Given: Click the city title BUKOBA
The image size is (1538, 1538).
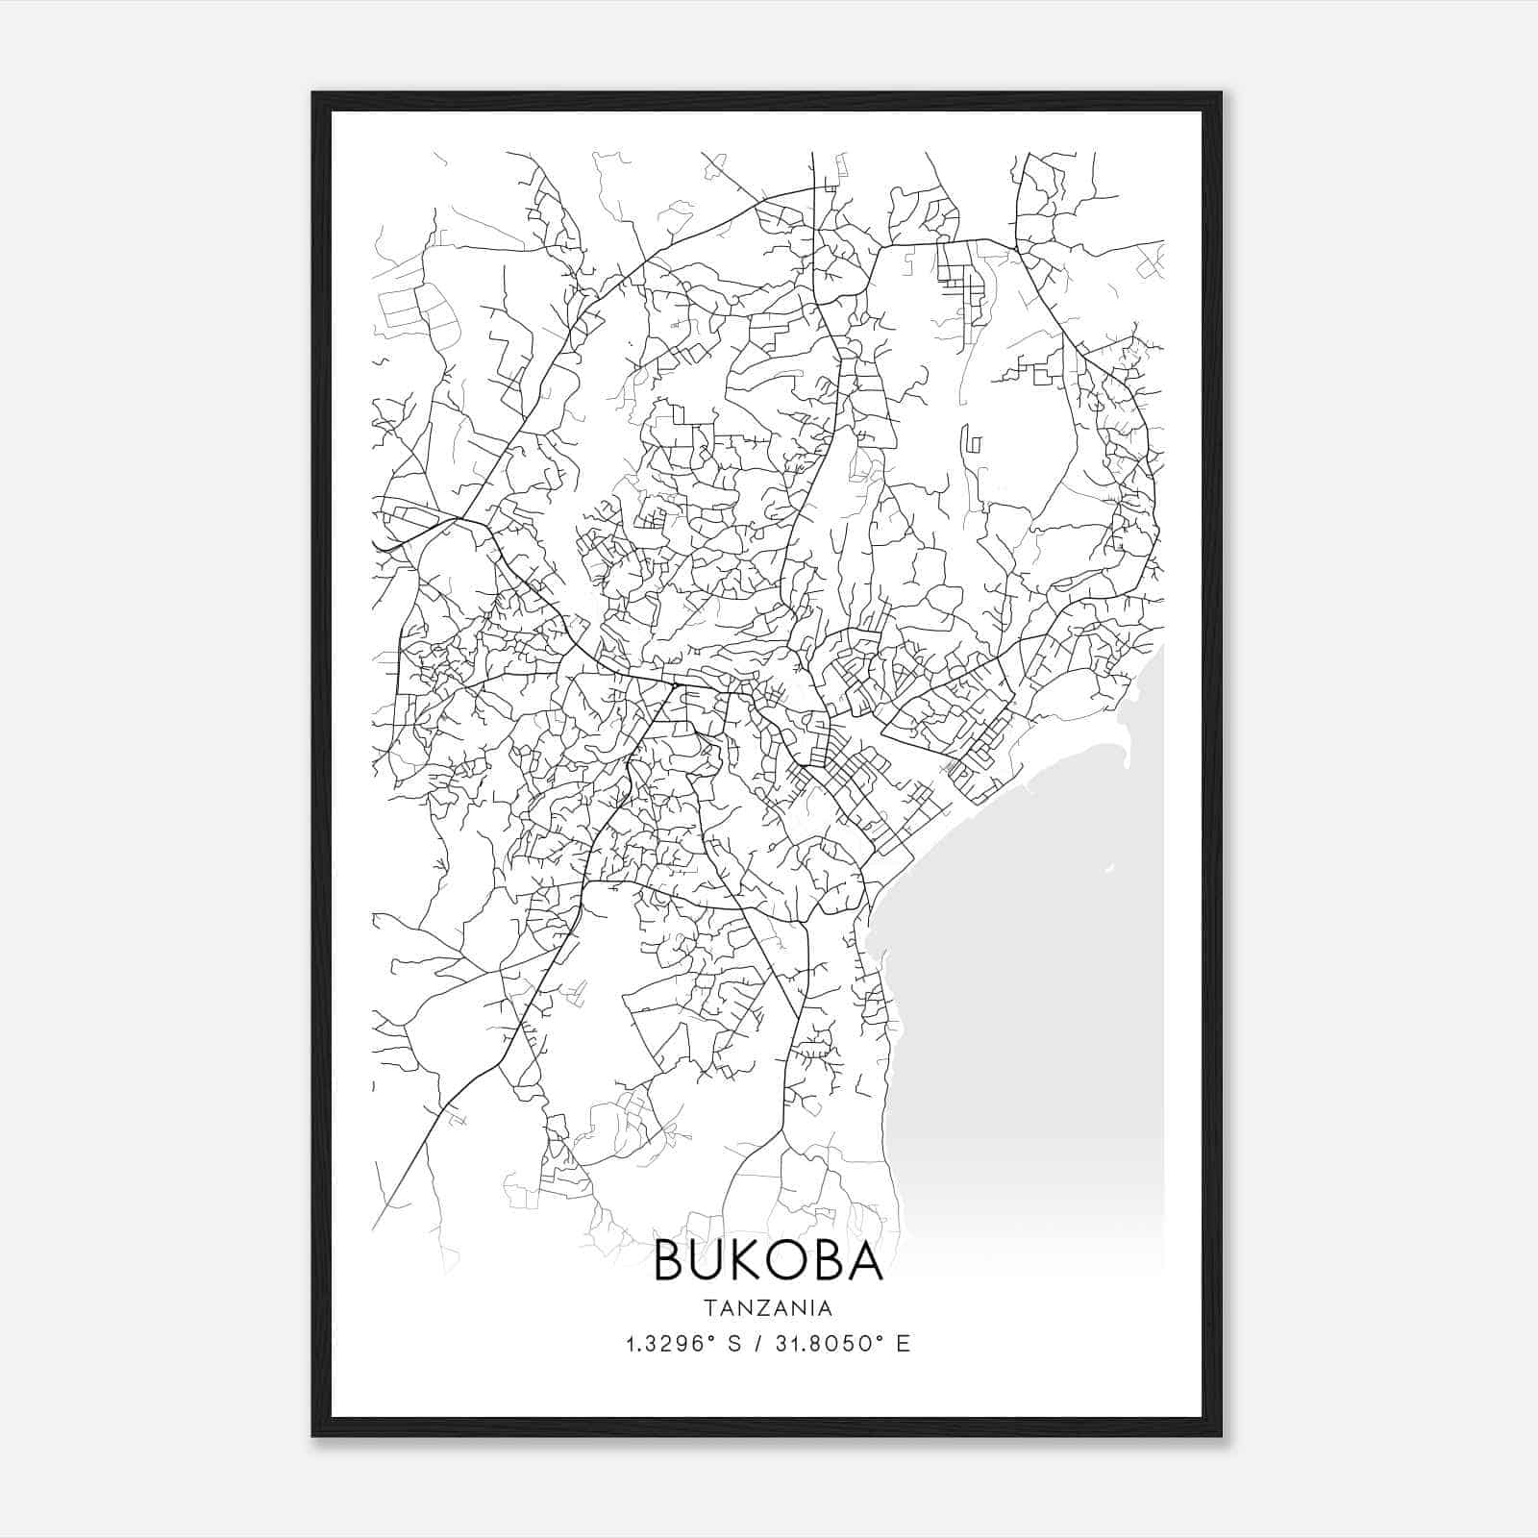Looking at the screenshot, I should click(x=768, y=1262).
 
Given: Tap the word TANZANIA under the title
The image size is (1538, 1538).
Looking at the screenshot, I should click(x=768, y=1308).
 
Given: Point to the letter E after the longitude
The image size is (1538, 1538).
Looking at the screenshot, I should click(x=903, y=1344).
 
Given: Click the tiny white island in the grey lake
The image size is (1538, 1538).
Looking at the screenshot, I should click(x=1109, y=869).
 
